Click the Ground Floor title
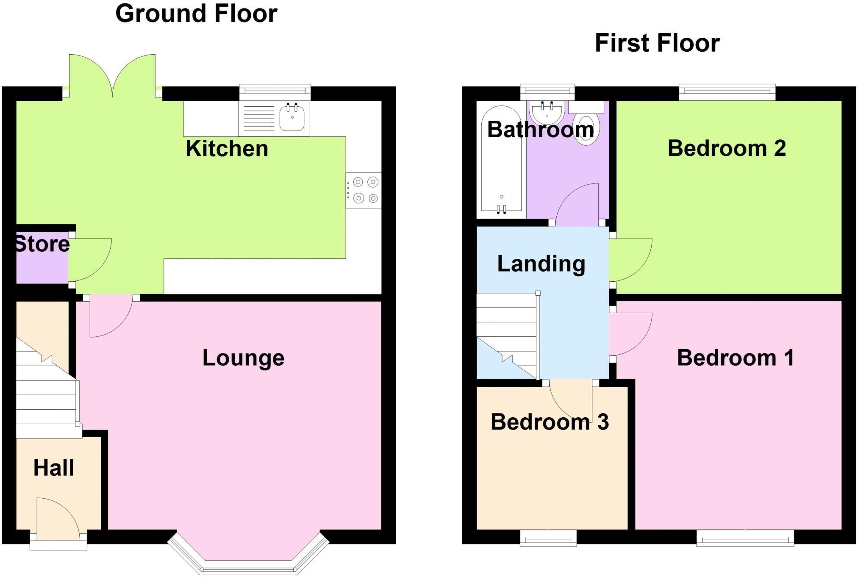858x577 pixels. [196, 14]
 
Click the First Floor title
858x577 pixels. [657, 43]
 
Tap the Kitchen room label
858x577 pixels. [227, 149]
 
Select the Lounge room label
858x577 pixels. [243, 358]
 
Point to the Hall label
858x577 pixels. [54, 468]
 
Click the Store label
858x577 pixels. [42, 244]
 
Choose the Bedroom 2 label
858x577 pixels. [727, 148]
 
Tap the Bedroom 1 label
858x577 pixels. [735, 358]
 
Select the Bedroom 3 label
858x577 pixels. [550, 422]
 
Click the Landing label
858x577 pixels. [541, 264]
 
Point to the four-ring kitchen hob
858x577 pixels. [364, 190]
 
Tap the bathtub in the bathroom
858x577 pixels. [502, 159]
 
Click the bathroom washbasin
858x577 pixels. [547, 111]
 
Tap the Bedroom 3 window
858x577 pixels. [548, 538]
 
